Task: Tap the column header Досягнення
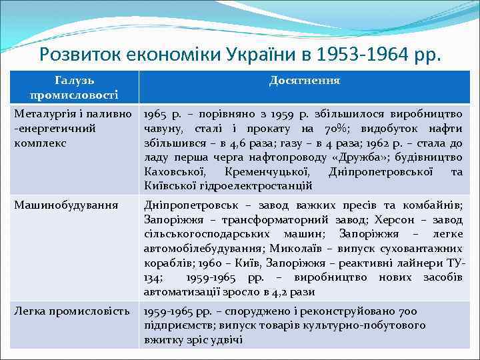click(305, 81)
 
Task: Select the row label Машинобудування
click(67, 205)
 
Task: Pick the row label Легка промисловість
click(72, 311)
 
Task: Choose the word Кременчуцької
click(266, 171)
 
